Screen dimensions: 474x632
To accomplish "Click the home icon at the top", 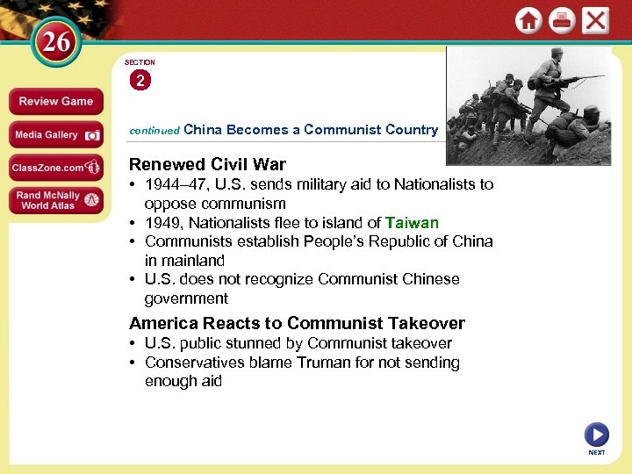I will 528,20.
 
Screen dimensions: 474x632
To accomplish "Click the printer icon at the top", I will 562,20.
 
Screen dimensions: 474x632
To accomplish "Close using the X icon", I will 596,20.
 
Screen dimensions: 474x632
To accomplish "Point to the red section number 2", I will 140,81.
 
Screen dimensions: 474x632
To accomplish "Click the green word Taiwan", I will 412,223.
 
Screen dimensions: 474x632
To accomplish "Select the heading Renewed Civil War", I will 207,164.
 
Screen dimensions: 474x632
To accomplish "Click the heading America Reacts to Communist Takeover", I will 297,323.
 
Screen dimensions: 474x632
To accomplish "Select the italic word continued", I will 154,130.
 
